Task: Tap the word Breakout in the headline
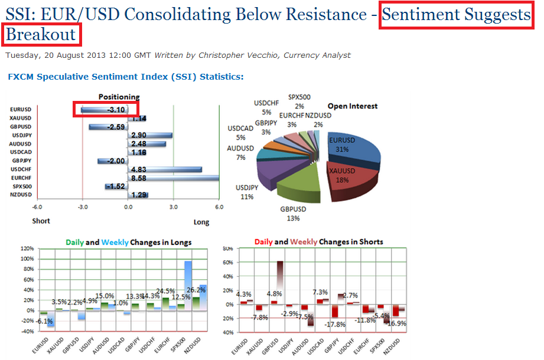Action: [41, 34]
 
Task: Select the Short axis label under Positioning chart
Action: [41, 221]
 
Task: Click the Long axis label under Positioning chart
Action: [201, 222]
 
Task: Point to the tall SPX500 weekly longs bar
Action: [188, 283]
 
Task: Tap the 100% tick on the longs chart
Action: [27, 258]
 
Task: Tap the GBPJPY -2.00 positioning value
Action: [112, 161]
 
